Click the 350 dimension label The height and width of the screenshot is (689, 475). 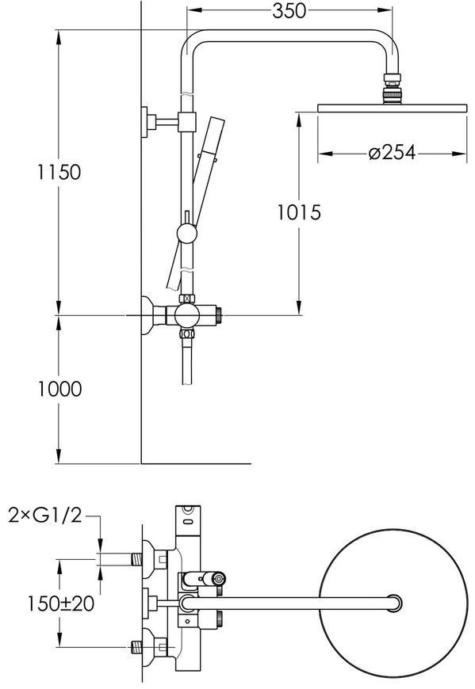(x=289, y=11)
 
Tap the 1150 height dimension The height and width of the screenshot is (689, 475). (x=59, y=172)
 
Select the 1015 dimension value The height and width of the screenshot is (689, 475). (x=299, y=213)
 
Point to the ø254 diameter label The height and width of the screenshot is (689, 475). (x=392, y=153)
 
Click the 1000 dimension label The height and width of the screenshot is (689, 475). (x=59, y=390)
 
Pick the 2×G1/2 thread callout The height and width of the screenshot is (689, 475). (x=45, y=515)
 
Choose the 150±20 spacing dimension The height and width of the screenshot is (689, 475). (x=61, y=603)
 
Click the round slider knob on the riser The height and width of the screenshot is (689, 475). (x=186, y=233)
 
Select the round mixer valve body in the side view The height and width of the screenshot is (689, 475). (x=187, y=315)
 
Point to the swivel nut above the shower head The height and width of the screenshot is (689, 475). (x=392, y=89)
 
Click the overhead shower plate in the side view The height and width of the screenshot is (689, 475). (x=392, y=108)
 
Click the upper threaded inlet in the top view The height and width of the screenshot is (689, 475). (x=137, y=559)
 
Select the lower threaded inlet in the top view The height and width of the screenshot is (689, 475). (x=137, y=646)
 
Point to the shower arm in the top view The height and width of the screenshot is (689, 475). (x=290, y=603)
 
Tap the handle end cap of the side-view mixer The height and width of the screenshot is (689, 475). (x=219, y=315)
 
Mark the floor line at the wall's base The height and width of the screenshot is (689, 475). (x=196, y=463)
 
